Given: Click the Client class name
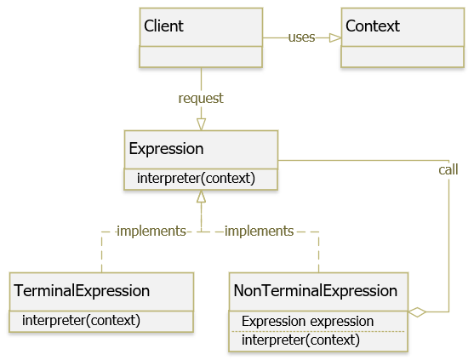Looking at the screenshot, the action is (x=163, y=26).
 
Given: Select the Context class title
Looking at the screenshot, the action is (x=373, y=26).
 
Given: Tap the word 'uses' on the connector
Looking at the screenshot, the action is (x=301, y=37).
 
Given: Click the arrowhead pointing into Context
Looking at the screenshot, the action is (x=335, y=37).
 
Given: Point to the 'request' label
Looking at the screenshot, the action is (x=201, y=99).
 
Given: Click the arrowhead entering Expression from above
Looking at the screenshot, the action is (x=201, y=124).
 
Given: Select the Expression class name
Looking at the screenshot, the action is (x=166, y=149).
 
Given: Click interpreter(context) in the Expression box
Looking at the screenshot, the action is (x=196, y=178).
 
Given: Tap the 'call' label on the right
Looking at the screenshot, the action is (x=448, y=169).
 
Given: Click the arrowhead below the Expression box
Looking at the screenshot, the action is (x=201, y=197).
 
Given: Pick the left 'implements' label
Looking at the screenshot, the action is (x=151, y=231).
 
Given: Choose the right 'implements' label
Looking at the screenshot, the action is (x=259, y=231).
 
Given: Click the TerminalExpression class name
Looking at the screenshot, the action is (x=82, y=291).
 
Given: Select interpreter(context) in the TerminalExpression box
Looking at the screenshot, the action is (x=81, y=320).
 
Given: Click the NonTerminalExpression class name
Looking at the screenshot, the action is (x=316, y=291).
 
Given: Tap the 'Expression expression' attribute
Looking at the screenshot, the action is (x=307, y=322).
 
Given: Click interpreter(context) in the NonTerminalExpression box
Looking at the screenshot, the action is (x=300, y=340).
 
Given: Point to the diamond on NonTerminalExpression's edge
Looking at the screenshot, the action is (x=417, y=312).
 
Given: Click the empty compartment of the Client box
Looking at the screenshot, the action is (x=201, y=57).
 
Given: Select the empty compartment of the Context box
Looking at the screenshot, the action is (x=403, y=57).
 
